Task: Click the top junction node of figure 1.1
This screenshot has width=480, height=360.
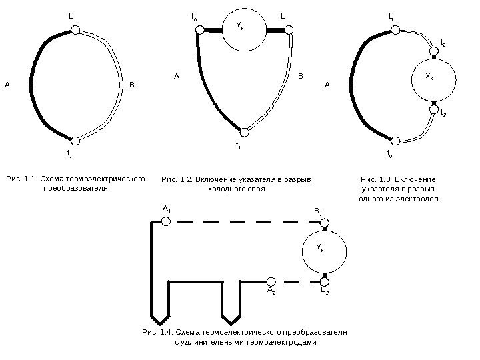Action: (75, 30)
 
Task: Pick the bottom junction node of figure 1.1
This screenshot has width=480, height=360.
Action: (75, 141)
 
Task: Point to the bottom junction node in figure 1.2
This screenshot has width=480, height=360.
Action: (245, 132)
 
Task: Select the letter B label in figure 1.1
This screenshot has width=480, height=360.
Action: (132, 85)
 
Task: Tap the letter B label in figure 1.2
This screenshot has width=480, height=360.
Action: (300, 77)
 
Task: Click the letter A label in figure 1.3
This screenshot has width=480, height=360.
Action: (327, 85)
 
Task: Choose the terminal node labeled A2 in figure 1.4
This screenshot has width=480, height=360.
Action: (271, 281)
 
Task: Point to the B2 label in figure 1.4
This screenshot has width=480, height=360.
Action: (323, 291)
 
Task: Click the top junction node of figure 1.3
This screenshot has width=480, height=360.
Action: (395, 30)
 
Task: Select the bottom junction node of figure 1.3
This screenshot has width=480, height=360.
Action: (395, 141)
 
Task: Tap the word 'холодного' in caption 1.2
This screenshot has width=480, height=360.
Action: (229, 189)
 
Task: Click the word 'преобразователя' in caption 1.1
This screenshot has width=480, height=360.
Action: (75, 189)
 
